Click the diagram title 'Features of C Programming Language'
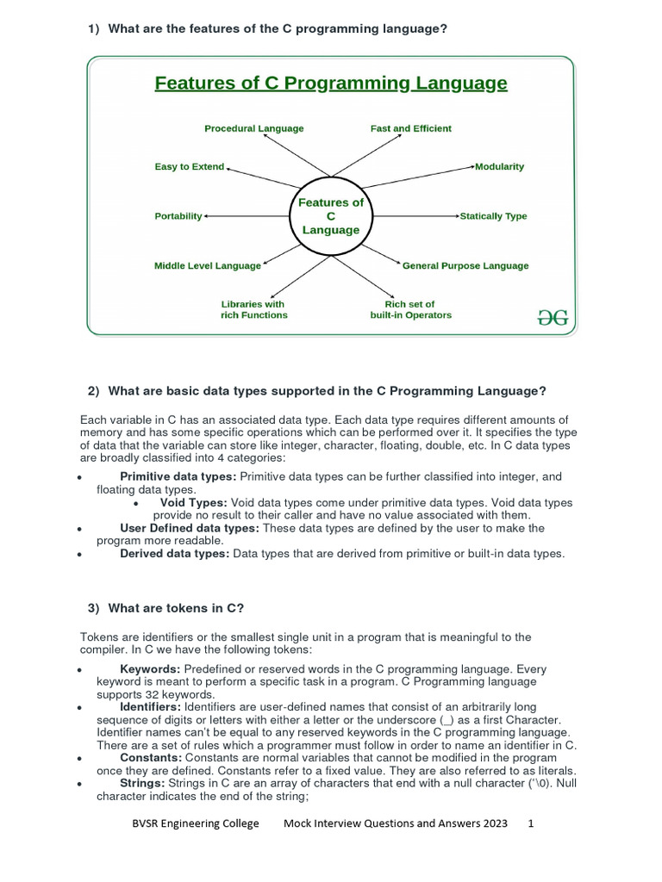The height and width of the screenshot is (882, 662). pyautogui.click(x=330, y=84)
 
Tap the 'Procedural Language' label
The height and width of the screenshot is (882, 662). pyautogui.click(x=253, y=128)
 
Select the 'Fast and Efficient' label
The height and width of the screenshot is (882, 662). pyautogui.click(x=410, y=128)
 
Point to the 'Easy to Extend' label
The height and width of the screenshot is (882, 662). pyautogui.click(x=189, y=166)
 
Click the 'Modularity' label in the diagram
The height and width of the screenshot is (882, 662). pyautogui.click(x=499, y=166)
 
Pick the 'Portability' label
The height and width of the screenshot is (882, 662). pyautogui.click(x=178, y=216)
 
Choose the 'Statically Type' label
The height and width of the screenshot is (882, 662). pyautogui.click(x=493, y=216)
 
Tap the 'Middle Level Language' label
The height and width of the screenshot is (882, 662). pyautogui.click(x=207, y=266)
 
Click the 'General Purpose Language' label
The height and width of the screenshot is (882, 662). pyautogui.click(x=465, y=266)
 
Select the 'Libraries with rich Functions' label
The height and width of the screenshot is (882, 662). pyautogui.click(x=253, y=309)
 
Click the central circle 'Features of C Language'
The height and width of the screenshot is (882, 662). pyautogui.click(x=331, y=216)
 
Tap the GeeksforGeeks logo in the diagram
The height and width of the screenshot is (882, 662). pyautogui.click(x=553, y=317)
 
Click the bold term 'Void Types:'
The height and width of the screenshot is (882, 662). pyautogui.click(x=193, y=502)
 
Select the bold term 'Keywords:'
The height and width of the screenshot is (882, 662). pyautogui.click(x=150, y=669)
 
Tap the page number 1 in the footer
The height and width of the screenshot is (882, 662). pyautogui.click(x=531, y=823)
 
